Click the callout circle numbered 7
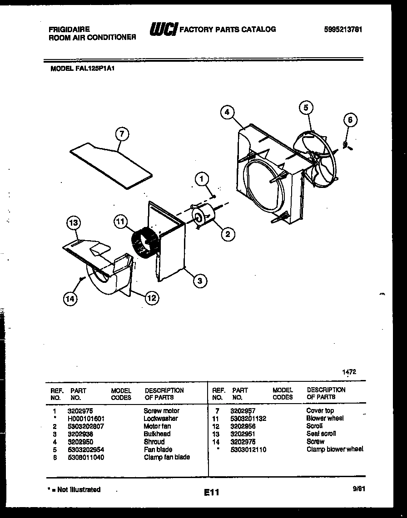121,134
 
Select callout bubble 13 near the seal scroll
74,223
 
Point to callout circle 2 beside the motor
228,234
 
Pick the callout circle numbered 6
349,120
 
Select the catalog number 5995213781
343,30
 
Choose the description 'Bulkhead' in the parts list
157,434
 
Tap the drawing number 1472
349,371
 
